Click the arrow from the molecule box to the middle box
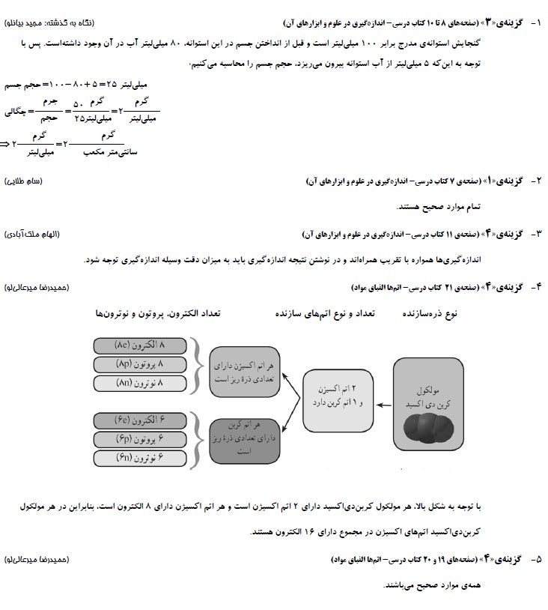[x=384, y=405]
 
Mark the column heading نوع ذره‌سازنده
[x=430, y=314]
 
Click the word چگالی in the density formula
[x=16, y=111]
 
